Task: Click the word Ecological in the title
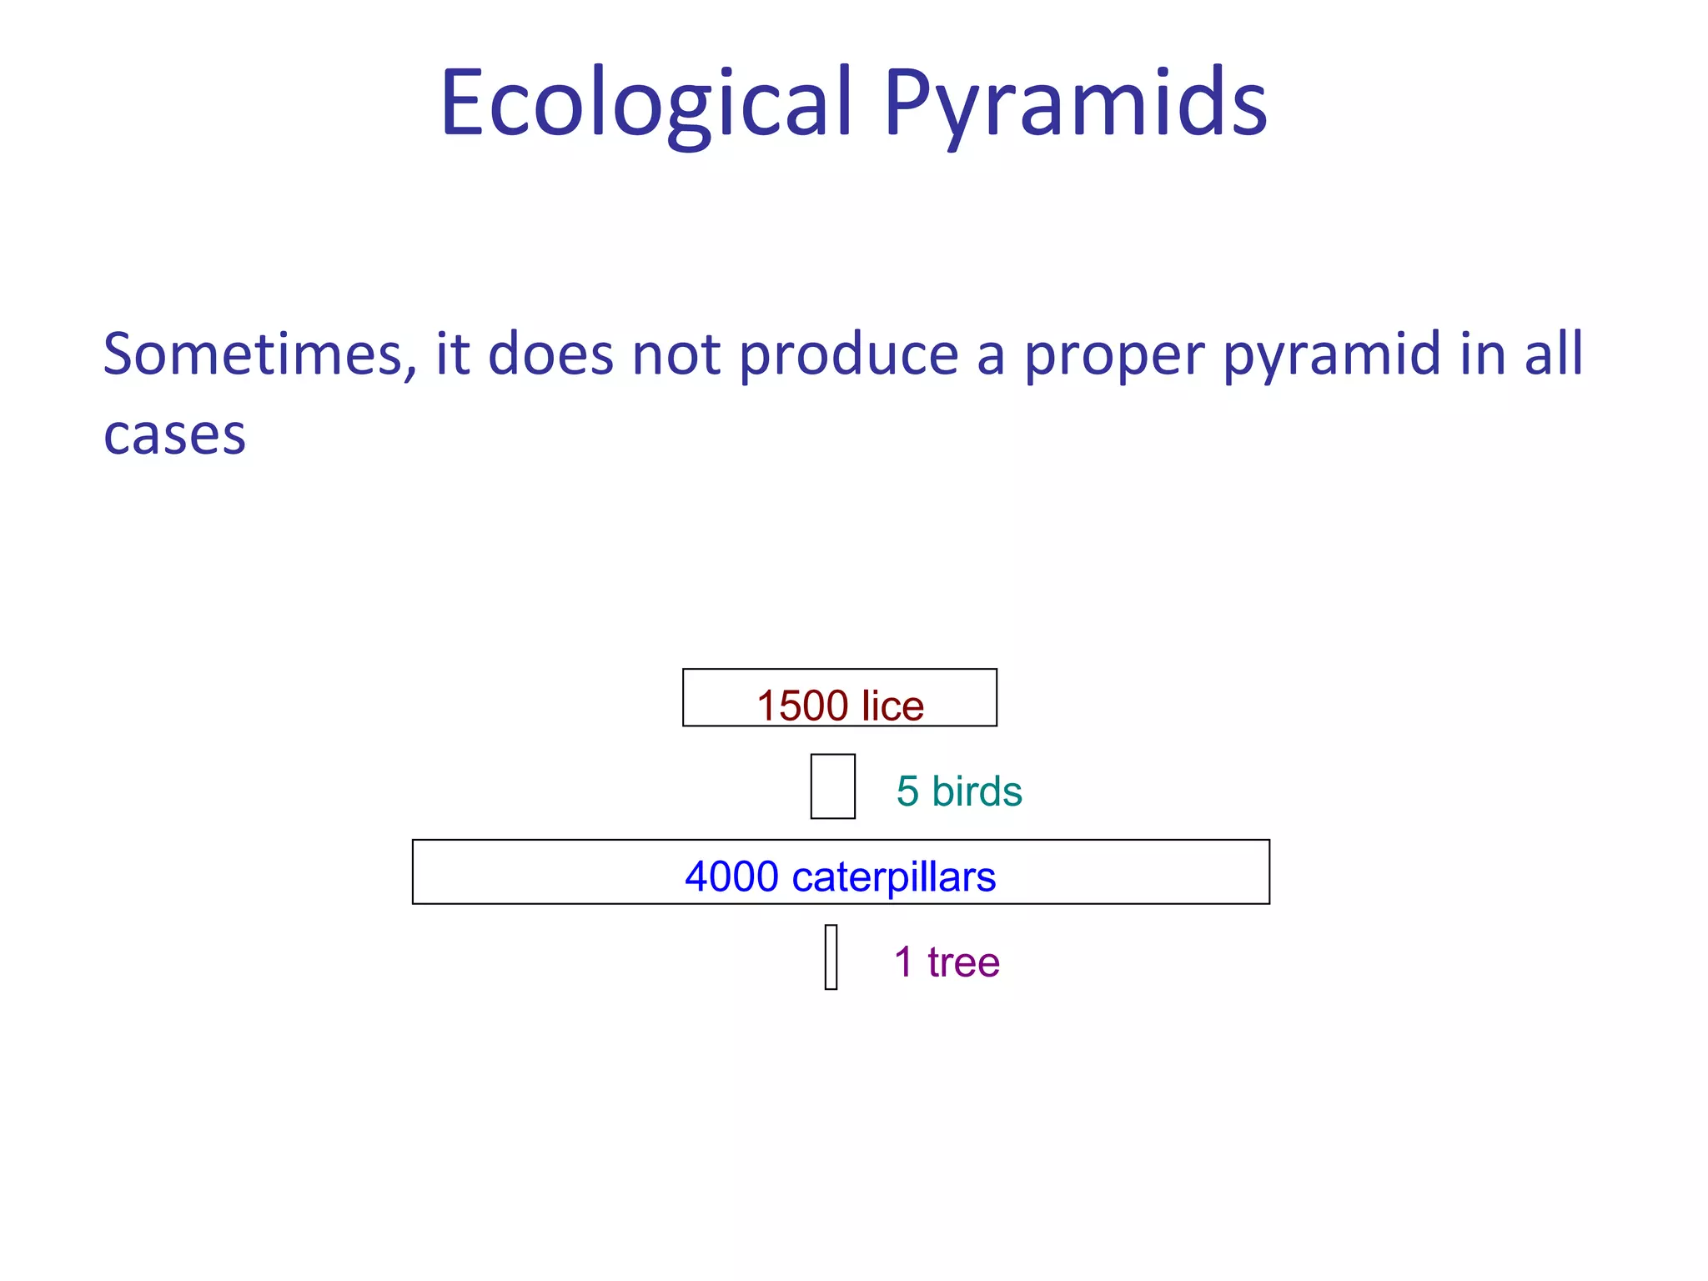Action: click(647, 104)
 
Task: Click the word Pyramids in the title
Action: click(1076, 104)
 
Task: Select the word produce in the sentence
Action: click(849, 354)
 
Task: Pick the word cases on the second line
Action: click(174, 436)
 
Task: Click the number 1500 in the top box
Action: click(802, 706)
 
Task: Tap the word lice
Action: click(892, 706)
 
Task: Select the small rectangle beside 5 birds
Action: click(832, 786)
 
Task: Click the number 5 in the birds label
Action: click(907, 791)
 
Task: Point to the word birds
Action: click(977, 791)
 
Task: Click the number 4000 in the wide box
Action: click(731, 877)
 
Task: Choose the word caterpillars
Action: click(893, 877)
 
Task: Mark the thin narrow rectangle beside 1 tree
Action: click(831, 957)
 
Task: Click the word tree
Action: click(963, 962)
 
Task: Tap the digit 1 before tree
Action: click(903, 962)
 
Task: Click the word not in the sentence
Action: click(676, 354)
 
